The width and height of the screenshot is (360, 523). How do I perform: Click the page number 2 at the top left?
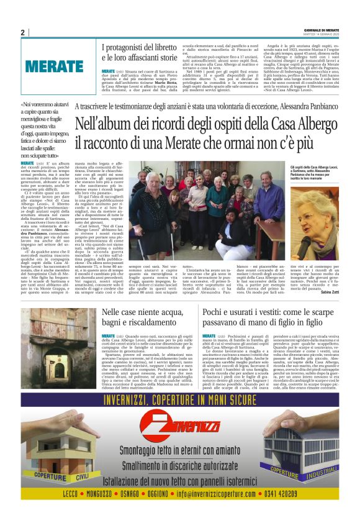[x=23, y=32]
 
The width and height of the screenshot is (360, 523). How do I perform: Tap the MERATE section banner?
[x=54, y=65]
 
